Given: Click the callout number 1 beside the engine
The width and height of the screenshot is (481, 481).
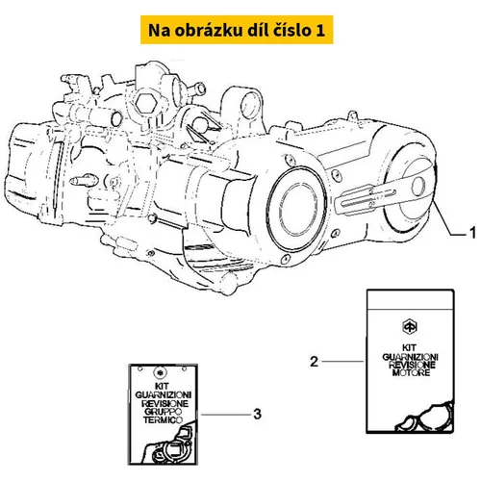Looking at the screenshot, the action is point(472,233).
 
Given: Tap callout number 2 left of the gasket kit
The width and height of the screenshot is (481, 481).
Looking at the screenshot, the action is point(314,362).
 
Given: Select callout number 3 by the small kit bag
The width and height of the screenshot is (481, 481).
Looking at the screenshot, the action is point(257,414).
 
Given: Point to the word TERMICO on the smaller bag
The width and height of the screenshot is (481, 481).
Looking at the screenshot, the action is point(163,419).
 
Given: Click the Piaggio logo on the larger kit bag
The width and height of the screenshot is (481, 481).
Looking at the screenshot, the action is point(410,327).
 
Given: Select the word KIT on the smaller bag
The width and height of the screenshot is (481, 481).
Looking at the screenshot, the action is point(164,387).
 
